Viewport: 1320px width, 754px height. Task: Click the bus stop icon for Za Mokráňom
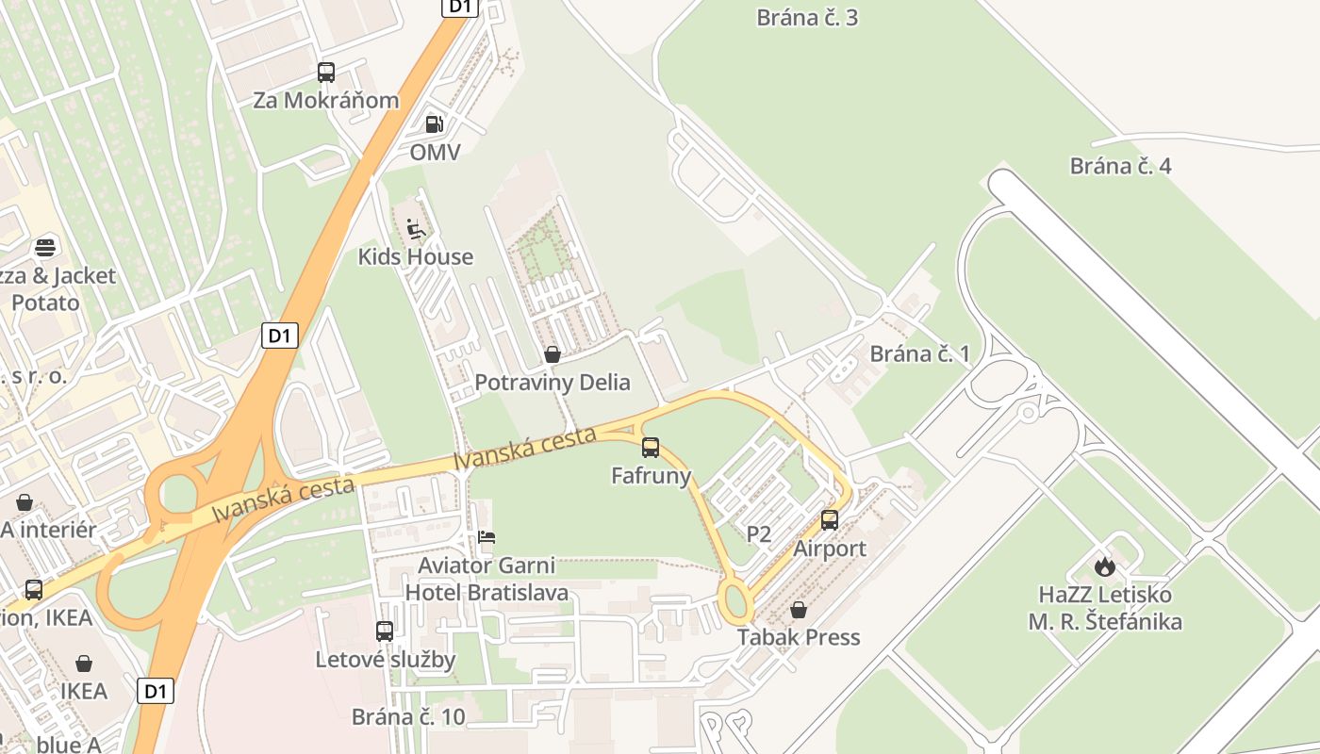[326, 72]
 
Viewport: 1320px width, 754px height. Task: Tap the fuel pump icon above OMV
[434, 123]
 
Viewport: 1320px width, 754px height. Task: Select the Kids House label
[415, 256]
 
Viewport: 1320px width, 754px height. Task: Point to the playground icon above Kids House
[415, 229]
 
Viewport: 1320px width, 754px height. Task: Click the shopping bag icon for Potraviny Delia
[553, 354]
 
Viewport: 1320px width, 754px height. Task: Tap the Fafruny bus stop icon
[651, 448]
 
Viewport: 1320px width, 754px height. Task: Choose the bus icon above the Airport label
[830, 519]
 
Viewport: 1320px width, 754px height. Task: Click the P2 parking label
[759, 535]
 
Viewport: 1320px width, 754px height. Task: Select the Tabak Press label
[799, 637]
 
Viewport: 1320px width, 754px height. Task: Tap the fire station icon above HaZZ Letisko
[1104, 566]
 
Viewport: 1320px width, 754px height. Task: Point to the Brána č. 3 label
[807, 17]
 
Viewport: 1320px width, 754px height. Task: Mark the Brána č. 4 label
[1120, 166]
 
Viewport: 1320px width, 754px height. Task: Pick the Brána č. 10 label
[408, 716]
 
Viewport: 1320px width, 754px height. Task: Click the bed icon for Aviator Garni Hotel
[487, 537]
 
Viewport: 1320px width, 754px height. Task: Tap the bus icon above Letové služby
[385, 631]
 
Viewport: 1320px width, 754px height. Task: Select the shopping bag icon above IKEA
[84, 664]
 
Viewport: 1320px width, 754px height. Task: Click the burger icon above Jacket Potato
[45, 248]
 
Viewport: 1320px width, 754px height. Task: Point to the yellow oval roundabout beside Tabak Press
[735, 600]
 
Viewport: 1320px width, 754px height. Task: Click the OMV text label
[435, 152]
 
